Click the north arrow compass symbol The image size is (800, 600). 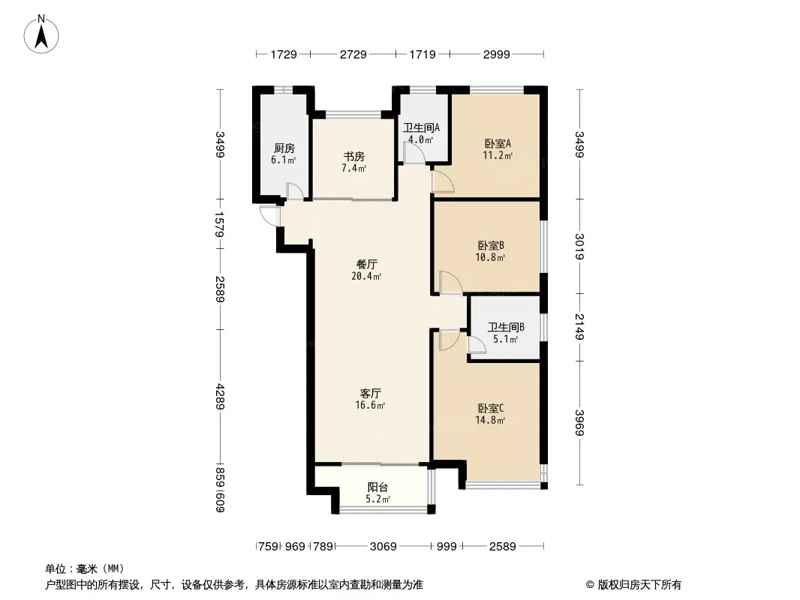pos(41,34)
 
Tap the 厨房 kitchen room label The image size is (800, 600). pos(284,148)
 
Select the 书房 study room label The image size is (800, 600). pos(353,157)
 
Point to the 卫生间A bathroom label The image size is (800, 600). pos(421,128)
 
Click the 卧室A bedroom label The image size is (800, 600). pos(498,144)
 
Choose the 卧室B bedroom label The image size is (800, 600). pos(491,246)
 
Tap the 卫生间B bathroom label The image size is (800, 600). pos(506,327)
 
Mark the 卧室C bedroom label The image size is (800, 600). pos(491,408)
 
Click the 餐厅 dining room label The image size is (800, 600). pos(366,265)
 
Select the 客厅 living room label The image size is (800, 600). pos(371,394)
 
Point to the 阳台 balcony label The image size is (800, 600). pos(377,487)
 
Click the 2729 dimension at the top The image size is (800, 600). pos(353,54)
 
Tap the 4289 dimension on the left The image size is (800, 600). pos(220,397)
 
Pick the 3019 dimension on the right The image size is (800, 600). pos(579,246)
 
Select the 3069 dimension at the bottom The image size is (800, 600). pos(383,547)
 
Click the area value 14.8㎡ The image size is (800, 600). pos(490,421)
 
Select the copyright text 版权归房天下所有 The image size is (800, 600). pos(639,585)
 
